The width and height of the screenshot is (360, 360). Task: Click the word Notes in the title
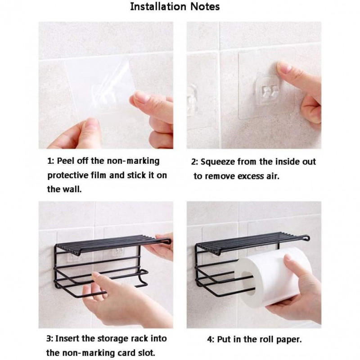click(205, 7)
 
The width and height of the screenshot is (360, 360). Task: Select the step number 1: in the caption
click(50, 161)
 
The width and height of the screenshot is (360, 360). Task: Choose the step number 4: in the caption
click(211, 339)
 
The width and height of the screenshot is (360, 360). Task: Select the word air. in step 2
click(273, 176)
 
